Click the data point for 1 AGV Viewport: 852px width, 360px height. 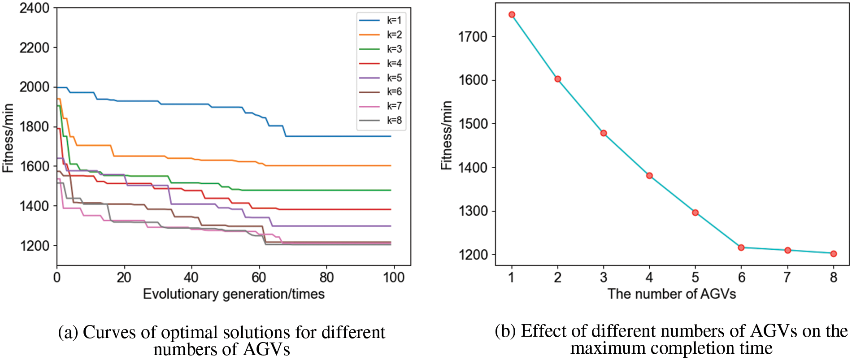[x=512, y=15]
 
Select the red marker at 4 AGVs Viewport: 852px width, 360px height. [x=649, y=176]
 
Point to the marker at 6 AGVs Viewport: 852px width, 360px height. [x=741, y=247]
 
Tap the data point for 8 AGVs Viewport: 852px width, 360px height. [x=834, y=254]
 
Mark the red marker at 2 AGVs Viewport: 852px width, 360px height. [x=558, y=79]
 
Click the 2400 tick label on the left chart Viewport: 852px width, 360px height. [x=34, y=8]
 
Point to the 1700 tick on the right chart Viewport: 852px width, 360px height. [x=473, y=37]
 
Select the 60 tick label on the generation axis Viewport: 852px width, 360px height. [x=259, y=278]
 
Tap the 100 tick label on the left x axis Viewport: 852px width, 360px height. [x=394, y=278]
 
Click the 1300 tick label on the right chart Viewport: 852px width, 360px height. [x=473, y=211]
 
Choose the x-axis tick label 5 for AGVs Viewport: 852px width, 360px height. [x=695, y=278]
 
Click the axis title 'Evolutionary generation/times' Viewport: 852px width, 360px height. [x=234, y=294]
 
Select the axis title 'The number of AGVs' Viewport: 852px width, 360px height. [x=672, y=294]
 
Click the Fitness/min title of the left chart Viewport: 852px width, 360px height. [x=8, y=138]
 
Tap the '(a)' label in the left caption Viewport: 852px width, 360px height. [x=68, y=333]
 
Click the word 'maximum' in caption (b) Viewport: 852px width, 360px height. [x=601, y=348]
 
